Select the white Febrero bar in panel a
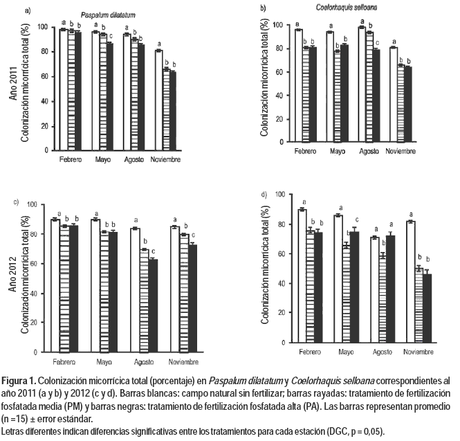pos(63,89)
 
